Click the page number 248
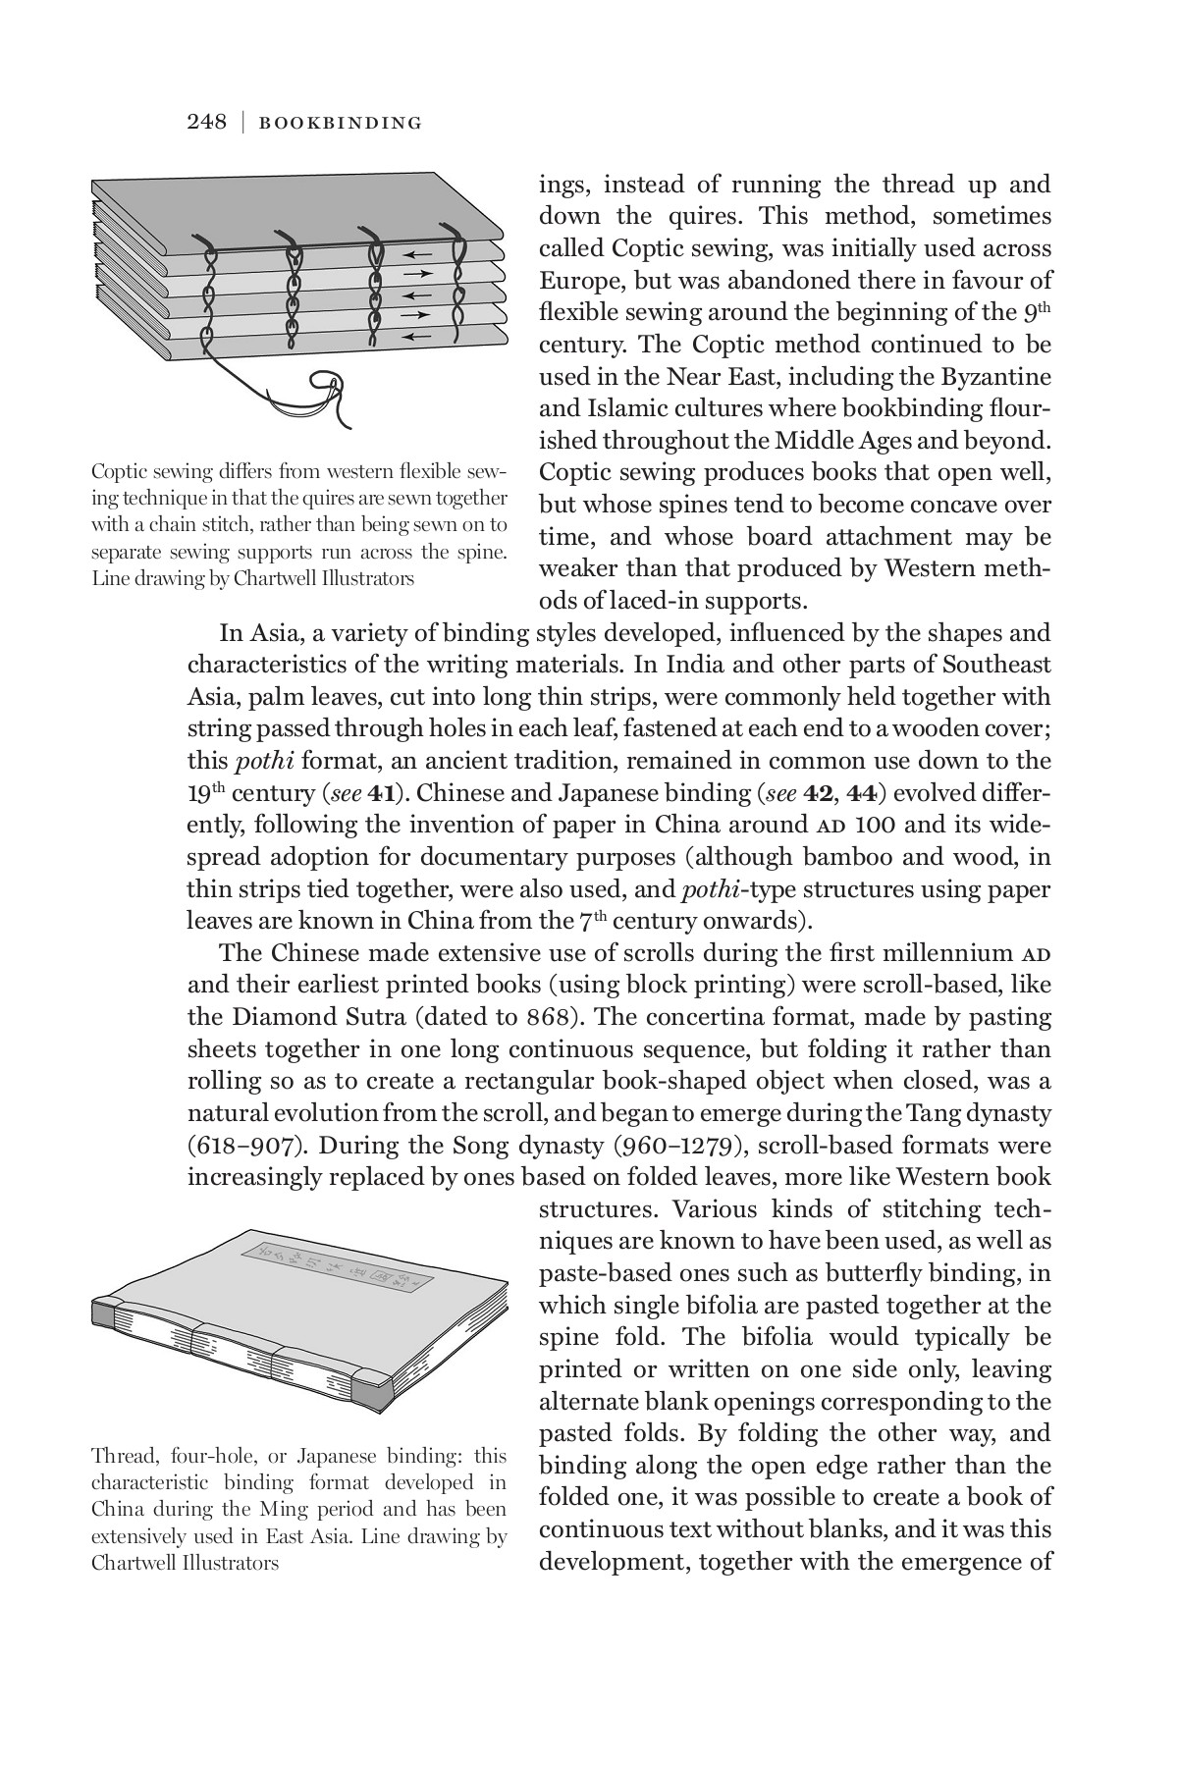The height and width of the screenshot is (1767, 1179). [206, 122]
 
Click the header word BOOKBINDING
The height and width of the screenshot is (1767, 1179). [340, 123]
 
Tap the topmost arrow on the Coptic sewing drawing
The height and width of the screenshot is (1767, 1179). [417, 252]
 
